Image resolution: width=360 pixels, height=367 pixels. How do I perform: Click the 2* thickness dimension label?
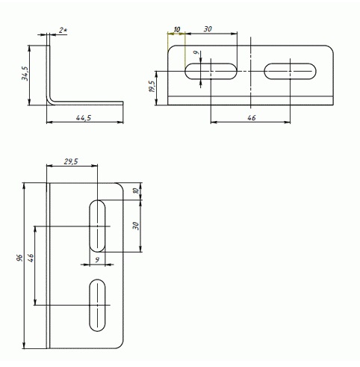pos(63,30)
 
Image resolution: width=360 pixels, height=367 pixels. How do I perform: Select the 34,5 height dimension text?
pos(25,73)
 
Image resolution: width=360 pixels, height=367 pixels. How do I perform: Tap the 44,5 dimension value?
pos(84,117)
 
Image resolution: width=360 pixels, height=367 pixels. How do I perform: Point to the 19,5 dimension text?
pos(152,86)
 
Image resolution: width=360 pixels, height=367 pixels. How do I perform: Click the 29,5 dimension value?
pos(71,161)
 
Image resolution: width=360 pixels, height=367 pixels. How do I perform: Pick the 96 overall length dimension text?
pos(19,258)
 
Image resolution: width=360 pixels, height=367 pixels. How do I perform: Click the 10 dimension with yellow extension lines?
pos(177,29)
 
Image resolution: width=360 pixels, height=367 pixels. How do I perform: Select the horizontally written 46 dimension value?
pos(252,117)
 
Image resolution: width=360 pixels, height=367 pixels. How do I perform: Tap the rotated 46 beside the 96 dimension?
pos(31,258)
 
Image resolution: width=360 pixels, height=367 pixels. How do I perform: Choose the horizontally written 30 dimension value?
pos(208,29)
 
